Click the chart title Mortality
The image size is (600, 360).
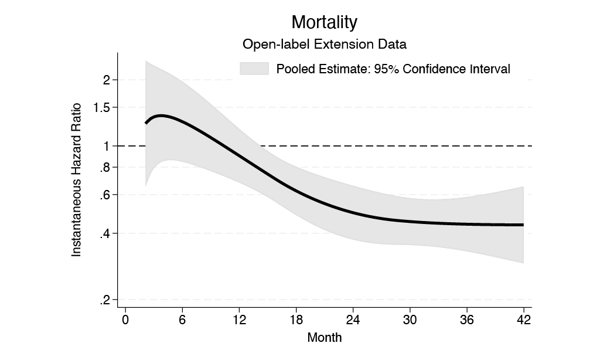click(324, 22)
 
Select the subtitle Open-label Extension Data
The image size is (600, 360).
click(324, 44)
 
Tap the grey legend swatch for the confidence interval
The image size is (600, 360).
click(254, 69)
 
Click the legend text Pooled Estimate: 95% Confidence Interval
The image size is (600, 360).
click(393, 69)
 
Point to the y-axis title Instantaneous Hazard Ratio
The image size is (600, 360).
click(76, 190)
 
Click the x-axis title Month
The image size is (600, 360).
click(324, 338)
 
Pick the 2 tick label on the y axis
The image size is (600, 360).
click(106, 80)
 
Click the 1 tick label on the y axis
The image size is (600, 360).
click(106, 146)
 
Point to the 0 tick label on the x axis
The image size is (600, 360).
click(125, 320)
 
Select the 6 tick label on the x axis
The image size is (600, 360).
click(182, 320)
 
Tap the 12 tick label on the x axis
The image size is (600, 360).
click(239, 320)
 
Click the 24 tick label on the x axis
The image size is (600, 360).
click(353, 320)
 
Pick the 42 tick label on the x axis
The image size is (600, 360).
click(523, 320)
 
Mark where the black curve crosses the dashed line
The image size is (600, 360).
click(227, 146)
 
